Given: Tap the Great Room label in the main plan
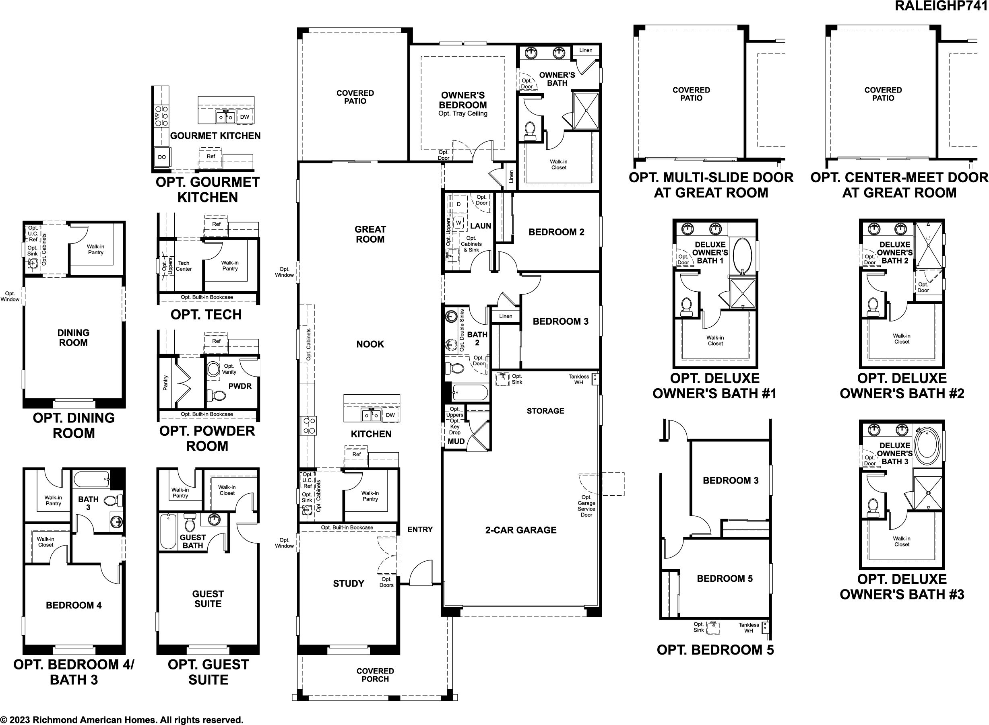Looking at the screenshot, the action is (370, 234).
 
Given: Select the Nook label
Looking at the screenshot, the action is (370, 344).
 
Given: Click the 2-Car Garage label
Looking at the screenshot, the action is (520, 530).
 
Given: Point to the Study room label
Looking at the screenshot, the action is (349, 584).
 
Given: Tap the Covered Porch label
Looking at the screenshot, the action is (375, 675).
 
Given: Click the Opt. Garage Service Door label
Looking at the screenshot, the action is (586, 506).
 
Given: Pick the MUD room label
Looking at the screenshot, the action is (456, 441).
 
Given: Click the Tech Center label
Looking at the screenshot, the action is (184, 266).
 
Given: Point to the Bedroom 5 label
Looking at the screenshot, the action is (725, 579).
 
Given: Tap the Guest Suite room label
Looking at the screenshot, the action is (208, 599).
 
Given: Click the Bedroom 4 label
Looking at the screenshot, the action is (74, 606).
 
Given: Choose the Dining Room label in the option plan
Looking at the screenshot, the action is (73, 338).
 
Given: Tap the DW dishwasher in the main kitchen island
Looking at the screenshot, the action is (390, 415).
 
